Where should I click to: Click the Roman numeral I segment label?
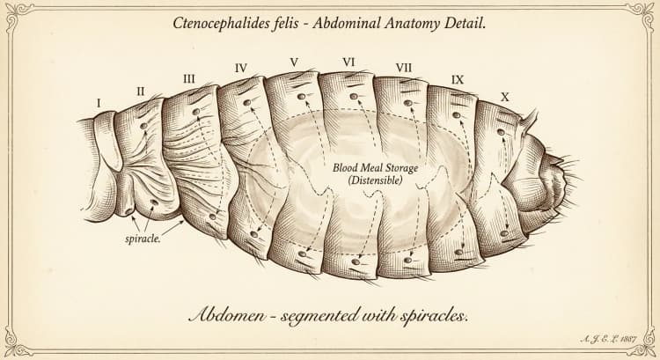[99, 103]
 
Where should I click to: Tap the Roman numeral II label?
[140, 91]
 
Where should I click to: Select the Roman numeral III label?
[189, 78]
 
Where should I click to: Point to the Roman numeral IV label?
[241, 68]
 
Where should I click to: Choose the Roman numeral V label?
[295, 62]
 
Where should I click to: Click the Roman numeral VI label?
[348, 62]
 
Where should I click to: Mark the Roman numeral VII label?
[404, 68]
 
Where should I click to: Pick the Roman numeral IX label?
[458, 78]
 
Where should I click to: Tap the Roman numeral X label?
[504, 94]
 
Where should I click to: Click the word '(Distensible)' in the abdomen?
[374, 180]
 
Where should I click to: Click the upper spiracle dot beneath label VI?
[353, 96]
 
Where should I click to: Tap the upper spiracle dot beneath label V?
[301, 96]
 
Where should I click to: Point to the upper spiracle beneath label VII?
[407, 103]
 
